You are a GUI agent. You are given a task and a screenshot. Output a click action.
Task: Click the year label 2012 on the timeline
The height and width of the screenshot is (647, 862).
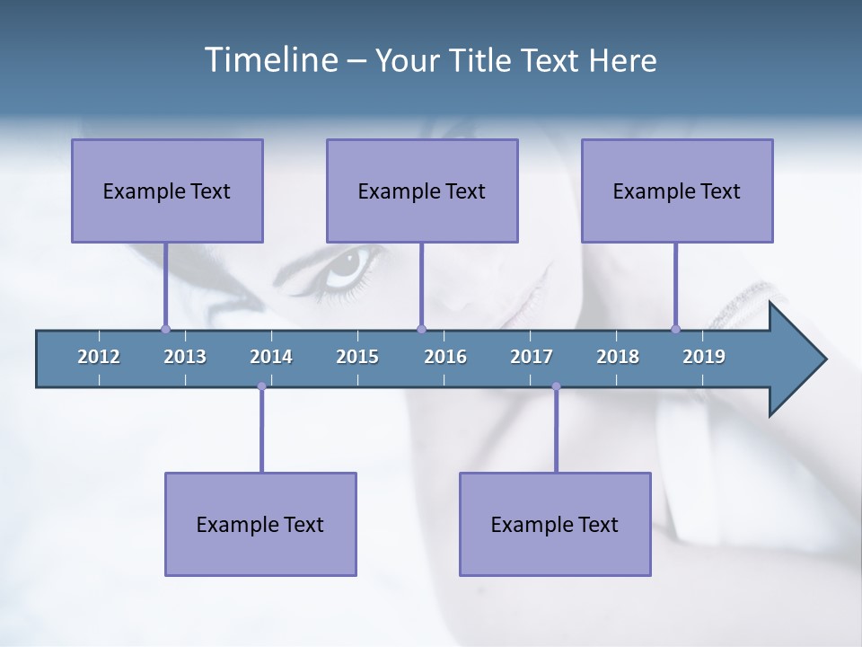tap(99, 357)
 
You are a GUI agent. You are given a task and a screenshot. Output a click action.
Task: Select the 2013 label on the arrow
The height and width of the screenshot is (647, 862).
tap(185, 357)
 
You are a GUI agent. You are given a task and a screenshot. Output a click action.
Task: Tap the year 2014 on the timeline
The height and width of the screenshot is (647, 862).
tap(271, 357)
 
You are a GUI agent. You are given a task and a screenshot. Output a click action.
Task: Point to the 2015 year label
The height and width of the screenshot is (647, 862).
tap(357, 357)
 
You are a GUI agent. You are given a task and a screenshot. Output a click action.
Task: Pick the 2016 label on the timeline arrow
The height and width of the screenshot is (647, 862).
tap(445, 357)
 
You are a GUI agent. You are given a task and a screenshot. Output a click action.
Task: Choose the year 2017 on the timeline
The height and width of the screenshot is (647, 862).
tap(532, 357)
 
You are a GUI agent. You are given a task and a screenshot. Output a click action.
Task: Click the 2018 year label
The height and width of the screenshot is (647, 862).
tap(618, 357)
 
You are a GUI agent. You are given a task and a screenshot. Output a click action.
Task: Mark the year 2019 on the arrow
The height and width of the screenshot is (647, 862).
tap(704, 357)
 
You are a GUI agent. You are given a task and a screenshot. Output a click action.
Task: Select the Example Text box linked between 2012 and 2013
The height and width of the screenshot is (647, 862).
tap(167, 191)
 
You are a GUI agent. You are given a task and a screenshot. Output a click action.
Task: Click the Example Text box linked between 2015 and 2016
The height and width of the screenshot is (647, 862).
tap(422, 191)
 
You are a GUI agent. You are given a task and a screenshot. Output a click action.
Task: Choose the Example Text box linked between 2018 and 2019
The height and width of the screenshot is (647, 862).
tap(677, 191)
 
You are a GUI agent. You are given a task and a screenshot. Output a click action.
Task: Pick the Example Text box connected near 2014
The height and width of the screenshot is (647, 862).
tap(260, 524)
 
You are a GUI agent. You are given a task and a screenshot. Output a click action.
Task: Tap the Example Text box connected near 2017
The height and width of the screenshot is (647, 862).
tap(555, 524)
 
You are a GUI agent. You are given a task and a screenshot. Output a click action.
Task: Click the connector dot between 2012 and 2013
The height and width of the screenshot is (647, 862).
tap(165, 329)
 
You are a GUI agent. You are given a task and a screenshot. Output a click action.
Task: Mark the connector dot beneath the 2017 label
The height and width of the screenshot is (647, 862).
tap(556, 386)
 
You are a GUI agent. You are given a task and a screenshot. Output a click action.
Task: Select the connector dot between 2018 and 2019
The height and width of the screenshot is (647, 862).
tap(675, 329)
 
